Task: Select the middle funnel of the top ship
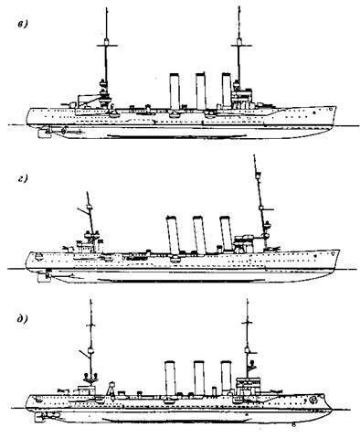pos(198,92)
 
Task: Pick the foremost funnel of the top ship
pos(222,92)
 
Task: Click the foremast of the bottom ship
pos(247,343)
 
